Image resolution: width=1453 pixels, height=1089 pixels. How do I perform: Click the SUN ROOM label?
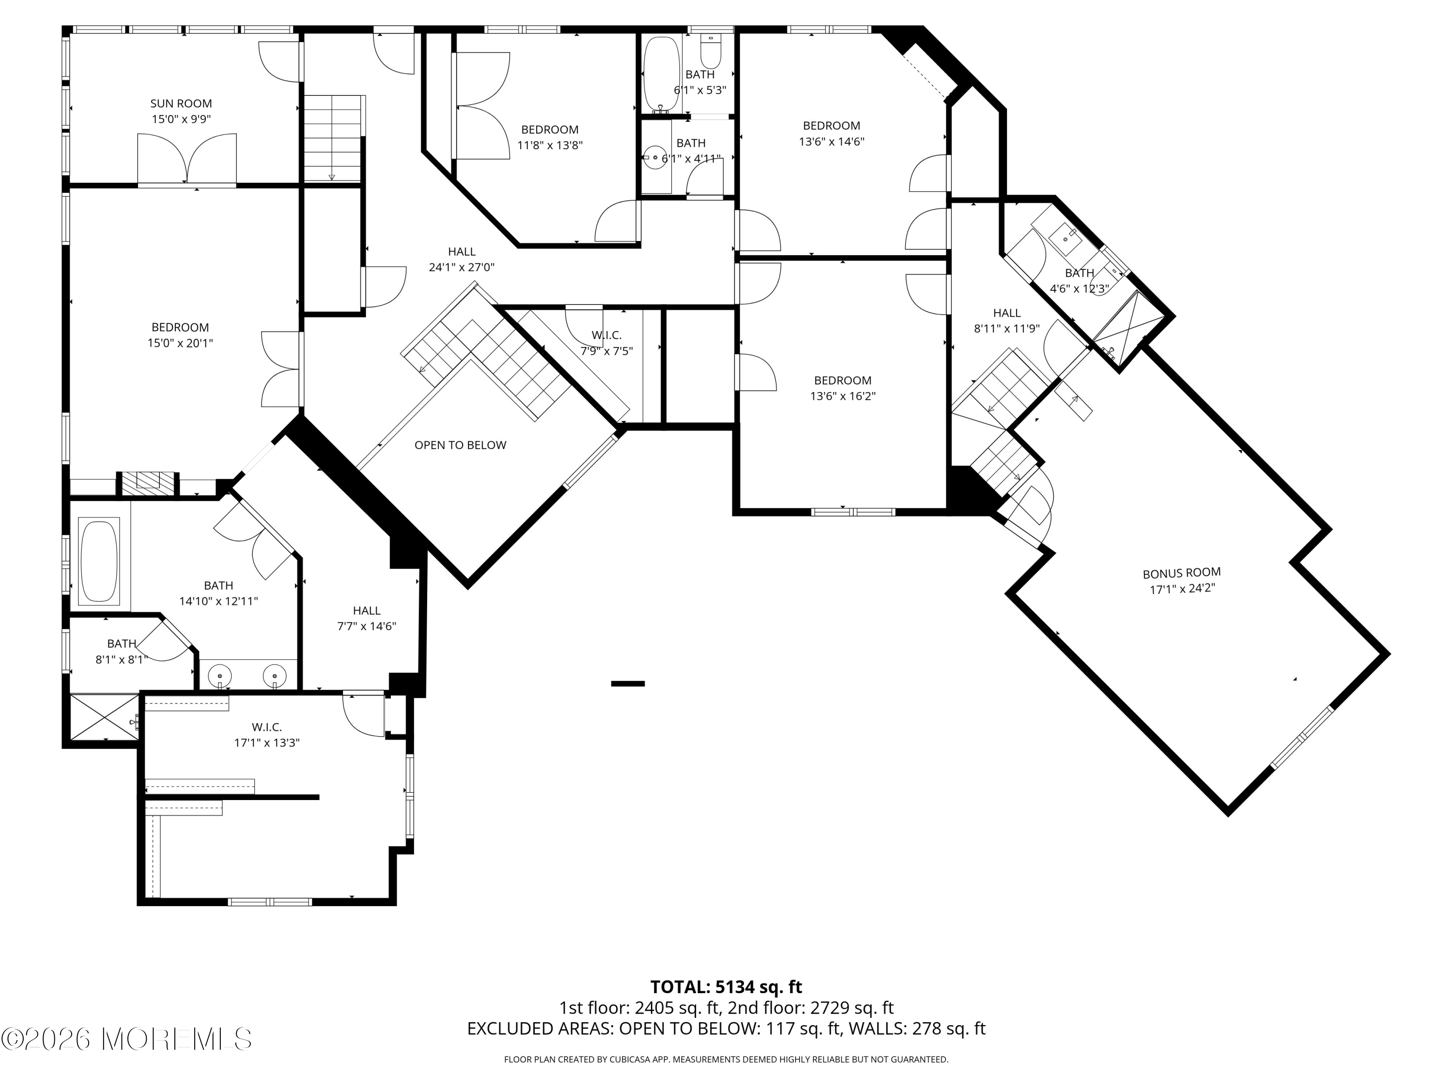click(x=181, y=103)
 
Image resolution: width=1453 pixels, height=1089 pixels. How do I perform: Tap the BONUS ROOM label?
click(x=1182, y=573)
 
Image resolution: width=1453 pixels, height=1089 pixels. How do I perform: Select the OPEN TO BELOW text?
click(x=461, y=445)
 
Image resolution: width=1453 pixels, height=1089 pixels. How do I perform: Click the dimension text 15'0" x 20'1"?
click(x=181, y=343)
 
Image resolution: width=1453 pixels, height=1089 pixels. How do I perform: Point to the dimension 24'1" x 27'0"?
click(x=462, y=267)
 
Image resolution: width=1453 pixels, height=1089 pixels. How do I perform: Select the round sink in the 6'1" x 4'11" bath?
click(x=655, y=157)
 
